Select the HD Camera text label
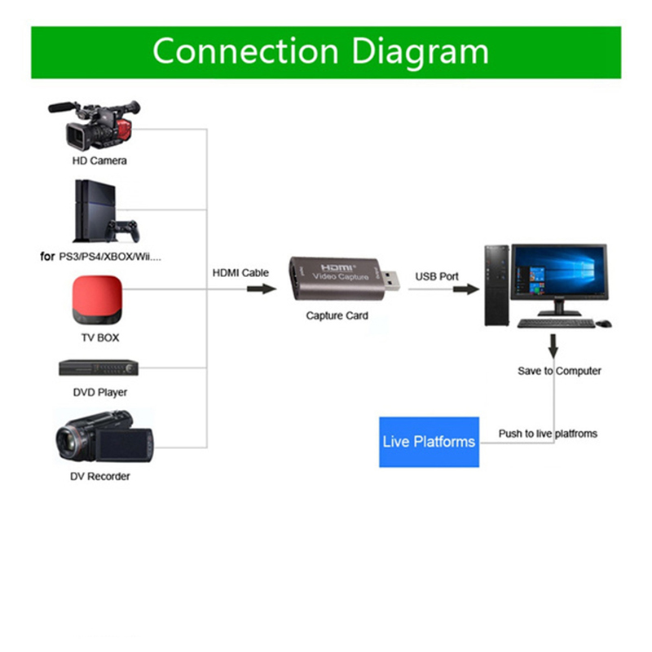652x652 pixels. click(99, 161)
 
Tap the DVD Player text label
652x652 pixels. click(99, 392)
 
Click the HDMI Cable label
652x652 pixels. click(240, 273)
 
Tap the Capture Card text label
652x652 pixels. click(337, 315)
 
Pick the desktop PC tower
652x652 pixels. click(496, 285)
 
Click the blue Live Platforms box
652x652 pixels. click(428, 442)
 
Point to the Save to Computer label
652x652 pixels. click(559, 371)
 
